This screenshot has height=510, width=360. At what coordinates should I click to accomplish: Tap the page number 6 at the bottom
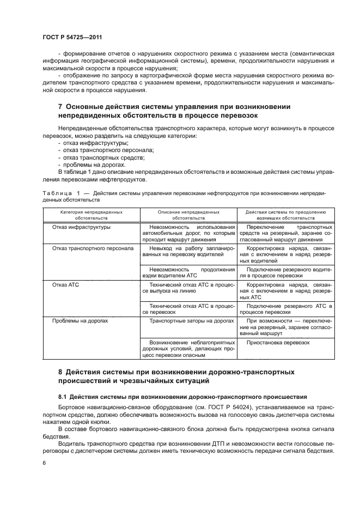pos(44,463)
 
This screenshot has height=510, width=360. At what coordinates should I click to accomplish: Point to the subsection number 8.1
pos(63,397)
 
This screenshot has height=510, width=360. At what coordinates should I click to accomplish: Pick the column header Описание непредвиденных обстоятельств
pos(188,214)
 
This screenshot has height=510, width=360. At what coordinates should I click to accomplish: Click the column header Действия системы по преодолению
pos(285,214)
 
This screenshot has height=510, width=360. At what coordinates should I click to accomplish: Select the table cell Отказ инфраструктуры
pos(81,227)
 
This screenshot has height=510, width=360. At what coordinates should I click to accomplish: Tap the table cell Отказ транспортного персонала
pos(93,248)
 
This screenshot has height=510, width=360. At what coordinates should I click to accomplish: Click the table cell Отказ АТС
pos(65,284)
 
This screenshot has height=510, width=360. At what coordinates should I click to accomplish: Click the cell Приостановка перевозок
pos(278,343)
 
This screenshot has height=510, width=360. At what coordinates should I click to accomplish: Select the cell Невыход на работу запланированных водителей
pos(188,251)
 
